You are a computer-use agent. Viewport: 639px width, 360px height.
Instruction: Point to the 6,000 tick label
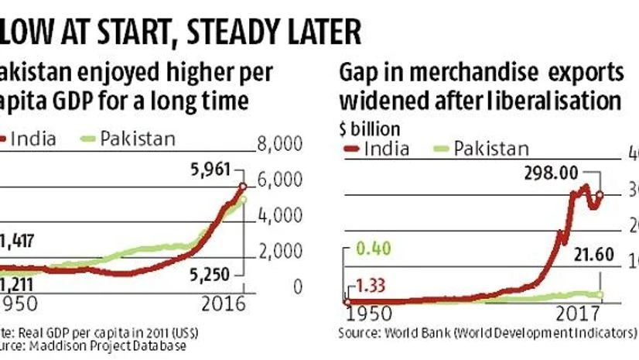278,180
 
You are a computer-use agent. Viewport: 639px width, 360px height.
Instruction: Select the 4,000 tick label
278,215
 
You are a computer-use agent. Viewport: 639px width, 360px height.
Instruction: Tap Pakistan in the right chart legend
491,149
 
